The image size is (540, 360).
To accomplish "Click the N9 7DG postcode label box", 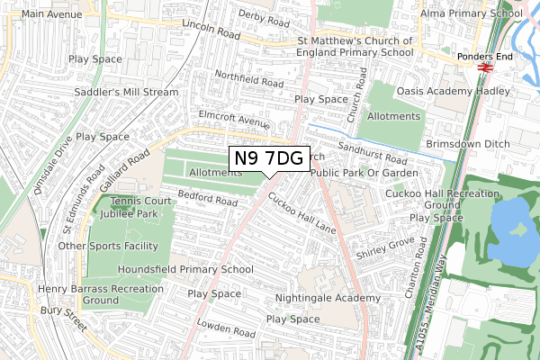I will click(269, 158).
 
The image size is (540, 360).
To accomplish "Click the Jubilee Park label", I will click(127, 214).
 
